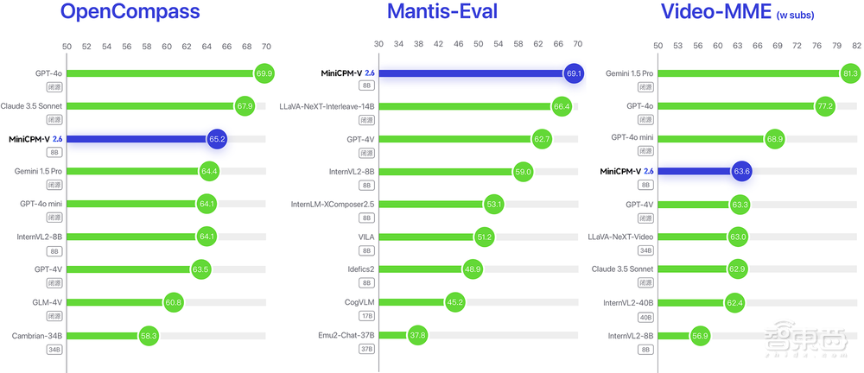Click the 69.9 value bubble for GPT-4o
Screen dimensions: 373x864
(264, 73)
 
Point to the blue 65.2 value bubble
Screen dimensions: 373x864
(217, 139)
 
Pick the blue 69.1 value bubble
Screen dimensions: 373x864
(574, 73)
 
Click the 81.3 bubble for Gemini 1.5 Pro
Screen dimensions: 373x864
(849, 73)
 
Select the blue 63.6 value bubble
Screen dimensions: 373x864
(741, 171)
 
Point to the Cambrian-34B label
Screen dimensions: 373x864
(36, 334)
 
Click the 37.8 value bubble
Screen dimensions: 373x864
(417, 335)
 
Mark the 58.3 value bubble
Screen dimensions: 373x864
(148, 335)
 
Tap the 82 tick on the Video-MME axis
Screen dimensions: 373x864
(856, 44)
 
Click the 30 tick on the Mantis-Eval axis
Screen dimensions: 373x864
(378, 44)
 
